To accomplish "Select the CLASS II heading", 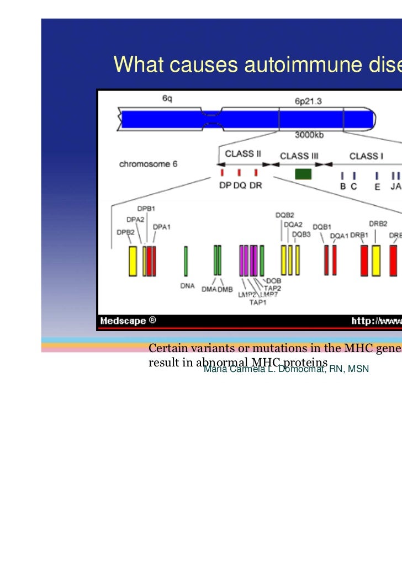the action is [x=243, y=154].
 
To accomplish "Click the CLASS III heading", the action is [x=299, y=156].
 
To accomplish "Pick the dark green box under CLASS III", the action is [x=303, y=174].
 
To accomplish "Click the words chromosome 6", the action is [x=148, y=164].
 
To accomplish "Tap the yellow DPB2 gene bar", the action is [x=133, y=261].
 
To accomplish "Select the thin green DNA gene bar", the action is [x=186, y=261].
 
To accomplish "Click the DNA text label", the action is [x=188, y=286].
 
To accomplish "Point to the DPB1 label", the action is [x=146, y=209].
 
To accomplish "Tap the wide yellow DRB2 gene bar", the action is [x=376, y=260].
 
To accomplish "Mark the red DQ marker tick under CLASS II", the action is [x=239, y=173].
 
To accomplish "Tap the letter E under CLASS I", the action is [x=377, y=187].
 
